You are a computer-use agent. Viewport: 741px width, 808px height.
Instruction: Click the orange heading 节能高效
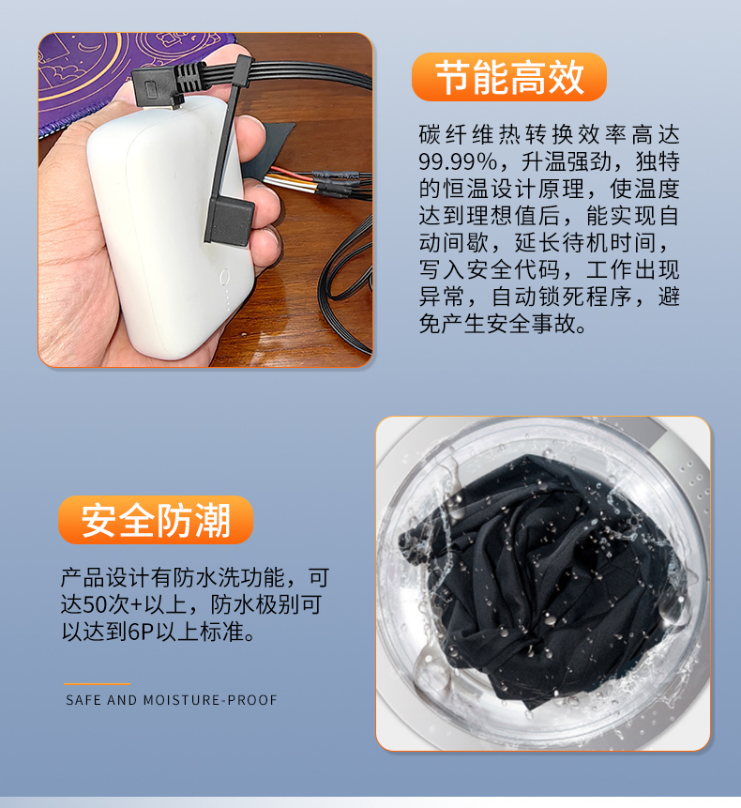point(509,77)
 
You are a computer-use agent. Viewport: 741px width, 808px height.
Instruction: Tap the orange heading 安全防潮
point(156,521)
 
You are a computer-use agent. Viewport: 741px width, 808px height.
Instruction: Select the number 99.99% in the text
point(458,161)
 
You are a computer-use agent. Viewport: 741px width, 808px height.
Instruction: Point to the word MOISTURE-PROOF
point(210,700)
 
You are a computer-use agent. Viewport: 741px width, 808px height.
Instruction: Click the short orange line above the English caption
point(97,684)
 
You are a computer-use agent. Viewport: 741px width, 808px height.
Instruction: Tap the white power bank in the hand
point(170,227)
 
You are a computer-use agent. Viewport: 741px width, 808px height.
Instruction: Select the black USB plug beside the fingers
point(229,221)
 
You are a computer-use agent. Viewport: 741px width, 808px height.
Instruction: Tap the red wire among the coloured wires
point(290,172)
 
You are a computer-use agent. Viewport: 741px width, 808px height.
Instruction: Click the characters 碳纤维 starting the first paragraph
point(458,135)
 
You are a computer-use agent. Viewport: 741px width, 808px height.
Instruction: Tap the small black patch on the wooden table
point(270,149)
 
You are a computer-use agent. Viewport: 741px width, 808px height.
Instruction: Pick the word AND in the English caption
point(122,700)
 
